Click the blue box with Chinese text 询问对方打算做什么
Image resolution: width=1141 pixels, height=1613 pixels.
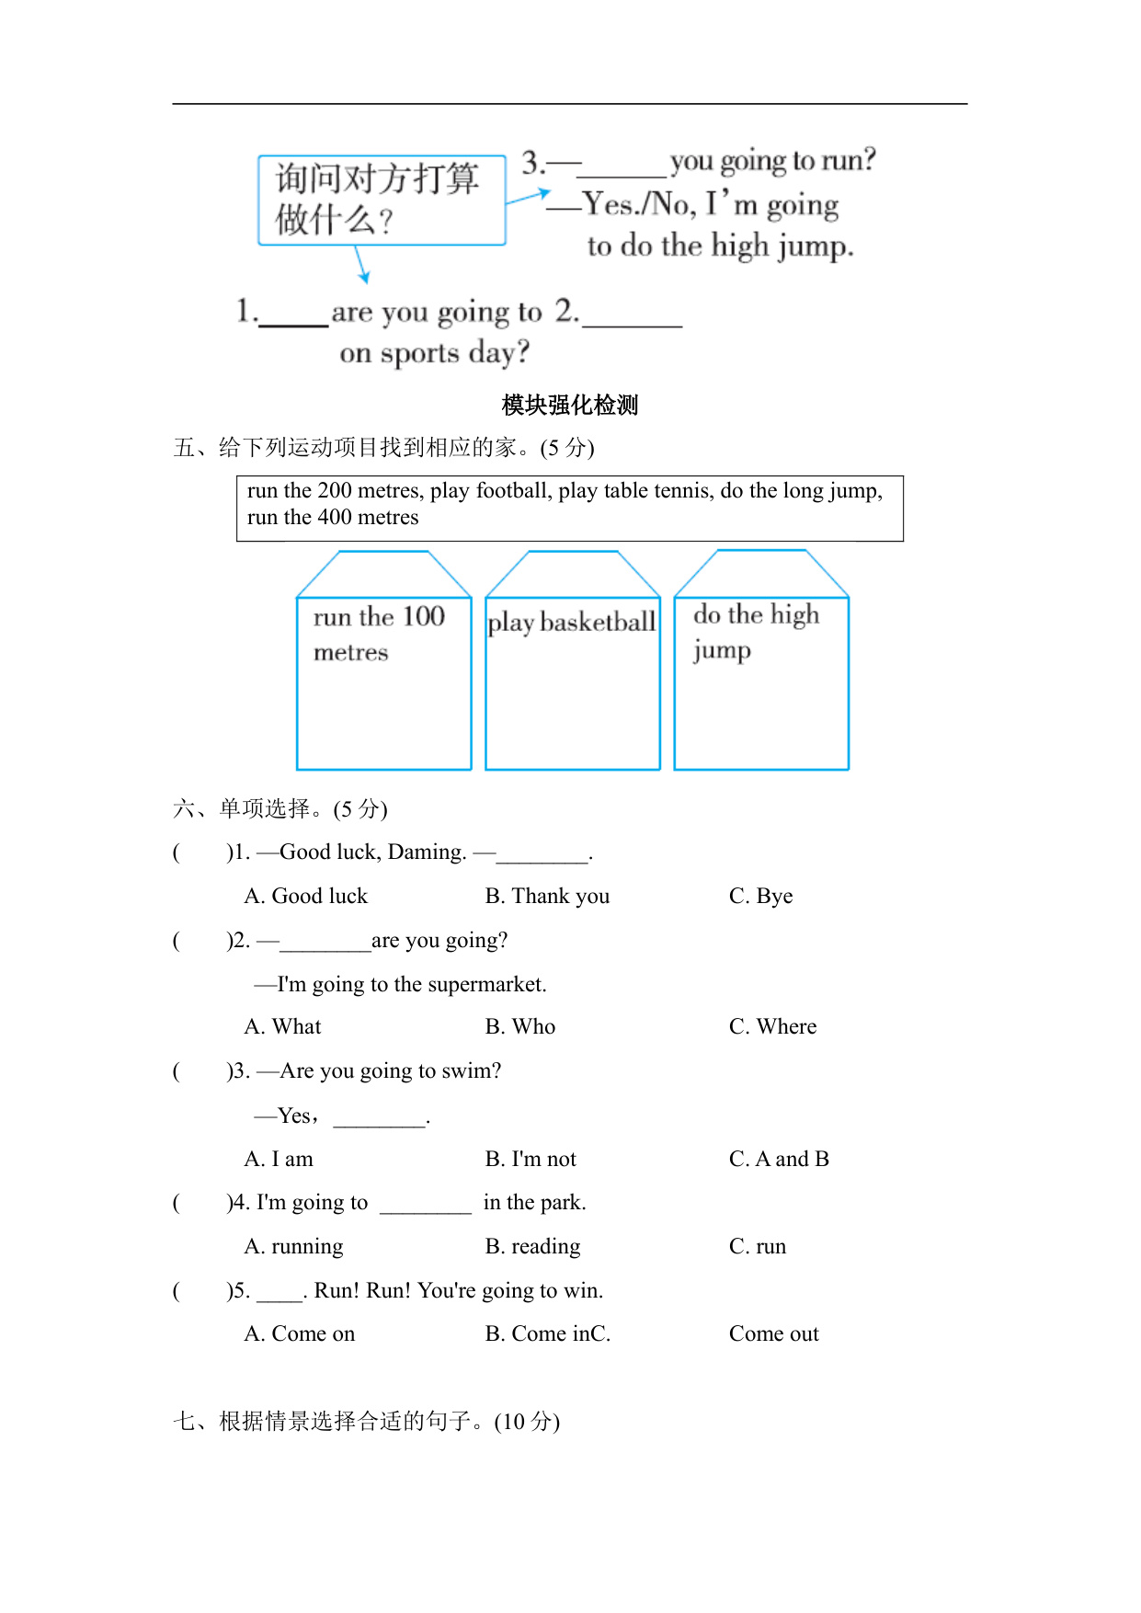point(382,200)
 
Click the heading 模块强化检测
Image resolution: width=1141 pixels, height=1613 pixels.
point(570,405)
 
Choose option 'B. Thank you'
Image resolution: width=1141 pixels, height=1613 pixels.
point(547,897)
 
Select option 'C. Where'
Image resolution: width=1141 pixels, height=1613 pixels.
point(772,1027)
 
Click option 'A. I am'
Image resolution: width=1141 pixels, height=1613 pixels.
point(279,1160)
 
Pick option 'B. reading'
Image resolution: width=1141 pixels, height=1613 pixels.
point(532,1247)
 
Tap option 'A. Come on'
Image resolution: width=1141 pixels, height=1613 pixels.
point(300,1334)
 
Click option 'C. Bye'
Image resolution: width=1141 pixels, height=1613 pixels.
point(760,897)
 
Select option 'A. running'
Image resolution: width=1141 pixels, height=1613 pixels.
point(293,1247)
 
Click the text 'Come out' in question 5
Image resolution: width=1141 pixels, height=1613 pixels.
point(773,1334)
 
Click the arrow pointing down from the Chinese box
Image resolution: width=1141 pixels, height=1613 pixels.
point(362,267)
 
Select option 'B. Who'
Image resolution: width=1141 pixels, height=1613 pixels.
point(520,1027)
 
